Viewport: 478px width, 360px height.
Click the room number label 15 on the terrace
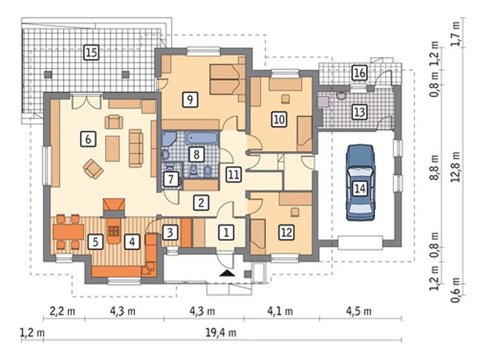pyautogui.click(x=91, y=52)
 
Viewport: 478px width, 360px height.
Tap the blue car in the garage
pyautogui.click(x=360, y=183)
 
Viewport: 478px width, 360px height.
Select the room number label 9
pyautogui.click(x=190, y=100)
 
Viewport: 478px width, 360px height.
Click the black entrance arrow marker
pyautogui.click(x=228, y=273)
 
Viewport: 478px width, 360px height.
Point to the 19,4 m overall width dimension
pyautogui.click(x=221, y=332)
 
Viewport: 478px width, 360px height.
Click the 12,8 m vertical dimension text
pyautogui.click(x=457, y=166)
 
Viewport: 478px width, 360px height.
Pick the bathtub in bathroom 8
pyautogui.click(x=202, y=138)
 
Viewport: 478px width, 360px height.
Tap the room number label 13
pyautogui.click(x=360, y=111)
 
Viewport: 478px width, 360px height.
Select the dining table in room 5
pyautogui.click(x=68, y=232)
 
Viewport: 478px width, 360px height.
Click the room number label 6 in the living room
pyautogui.click(x=88, y=139)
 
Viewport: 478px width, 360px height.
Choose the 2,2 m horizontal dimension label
pyautogui.click(x=62, y=312)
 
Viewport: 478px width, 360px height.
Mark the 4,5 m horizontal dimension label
pyautogui.click(x=359, y=312)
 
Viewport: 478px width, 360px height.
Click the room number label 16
pyautogui.click(x=360, y=73)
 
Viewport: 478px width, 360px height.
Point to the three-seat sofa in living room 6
pyautogui.click(x=136, y=148)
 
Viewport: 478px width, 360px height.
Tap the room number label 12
pyautogui.click(x=286, y=233)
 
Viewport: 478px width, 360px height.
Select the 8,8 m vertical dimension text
pyautogui.click(x=434, y=168)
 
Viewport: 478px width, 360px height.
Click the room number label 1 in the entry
pyautogui.click(x=226, y=233)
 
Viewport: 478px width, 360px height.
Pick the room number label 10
pyautogui.click(x=279, y=119)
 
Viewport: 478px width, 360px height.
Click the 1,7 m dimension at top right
pyautogui.click(x=456, y=34)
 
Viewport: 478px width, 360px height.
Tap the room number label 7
pyautogui.click(x=171, y=179)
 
